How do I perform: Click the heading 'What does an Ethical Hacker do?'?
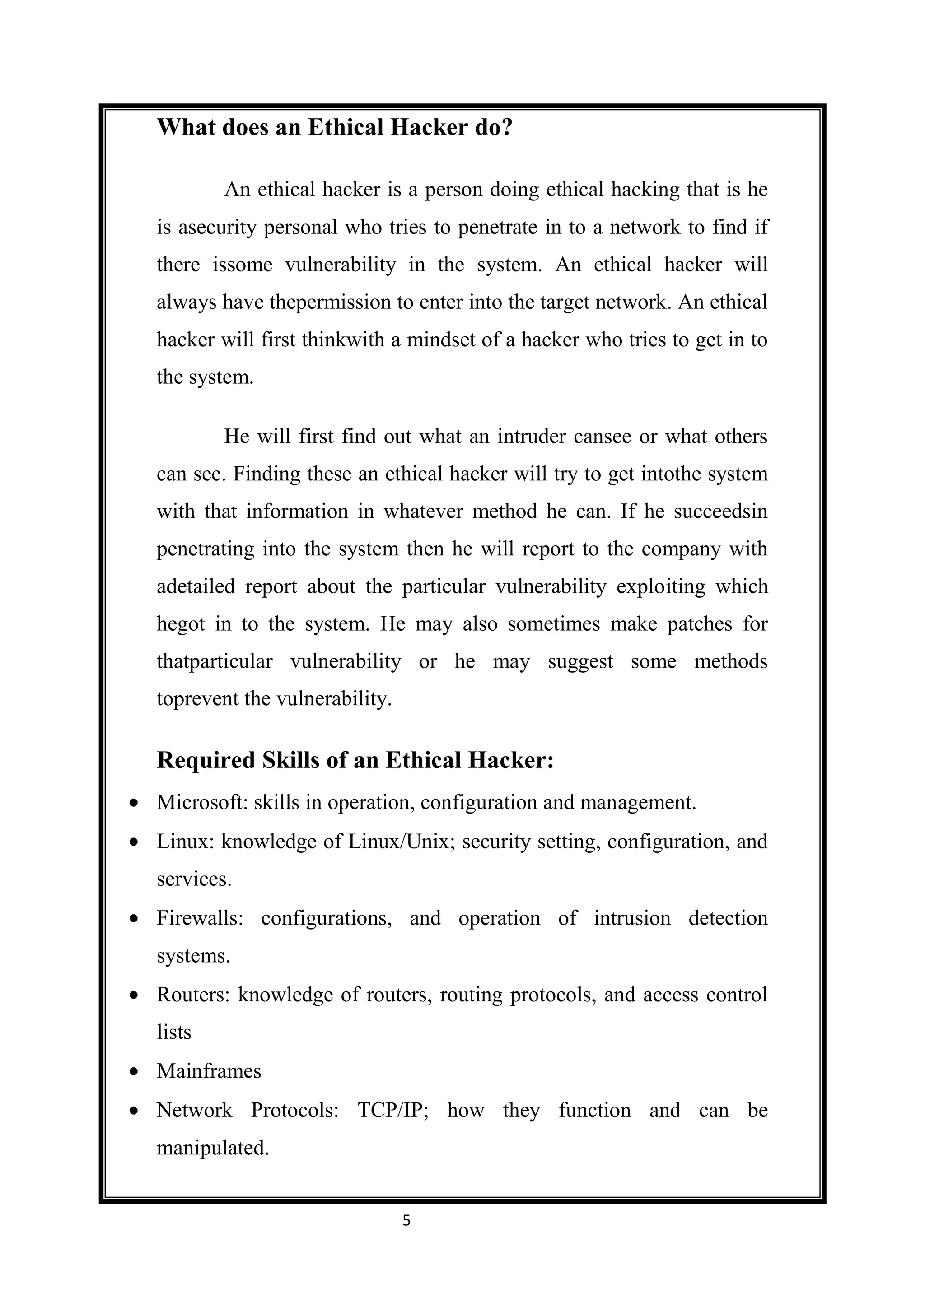(x=334, y=127)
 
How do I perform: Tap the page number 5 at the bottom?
(x=406, y=1220)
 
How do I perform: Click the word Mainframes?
(x=209, y=1071)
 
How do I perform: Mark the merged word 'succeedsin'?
(x=720, y=511)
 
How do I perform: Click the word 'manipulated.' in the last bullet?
(x=212, y=1148)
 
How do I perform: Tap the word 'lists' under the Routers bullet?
(x=174, y=1032)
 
